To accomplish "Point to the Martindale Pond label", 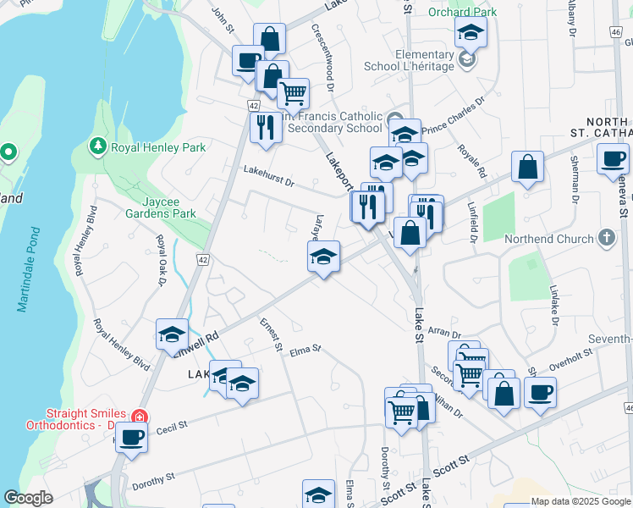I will pyautogui.click(x=28, y=269).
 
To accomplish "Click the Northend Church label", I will pyautogui.click(x=550, y=240).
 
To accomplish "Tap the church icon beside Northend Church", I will pyautogui.click(x=607, y=240).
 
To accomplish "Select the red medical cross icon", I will pyautogui.click(x=140, y=417).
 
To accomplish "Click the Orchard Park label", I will pyautogui.click(x=463, y=12).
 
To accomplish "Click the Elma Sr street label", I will pyautogui.click(x=305, y=349).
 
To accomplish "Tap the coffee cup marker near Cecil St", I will pyautogui.click(x=132, y=439).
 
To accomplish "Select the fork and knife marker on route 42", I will pyautogui.click(x=267, y=127).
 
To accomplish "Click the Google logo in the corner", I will pyautogui.click(x=29, y=498).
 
